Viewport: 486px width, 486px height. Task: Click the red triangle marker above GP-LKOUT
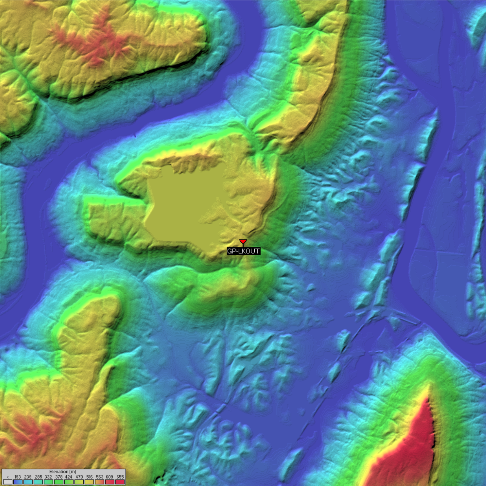(243, 241)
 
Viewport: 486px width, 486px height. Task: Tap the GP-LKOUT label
(244, 251)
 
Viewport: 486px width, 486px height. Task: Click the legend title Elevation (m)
(63, 471)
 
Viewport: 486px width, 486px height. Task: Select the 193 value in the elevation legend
(18, 477)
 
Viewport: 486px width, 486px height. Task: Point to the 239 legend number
(28, 477)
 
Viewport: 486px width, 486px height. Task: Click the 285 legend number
(38, 477)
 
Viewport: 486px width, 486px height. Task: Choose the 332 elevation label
(48, 477)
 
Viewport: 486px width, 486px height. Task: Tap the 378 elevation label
(59, 477)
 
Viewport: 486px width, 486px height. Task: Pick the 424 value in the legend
(69, 477)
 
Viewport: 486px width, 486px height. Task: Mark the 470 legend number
(79, 477)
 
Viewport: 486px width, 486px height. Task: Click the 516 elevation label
(89, 477)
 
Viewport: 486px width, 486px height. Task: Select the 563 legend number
(99, 477)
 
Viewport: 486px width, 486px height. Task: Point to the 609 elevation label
(110, 477)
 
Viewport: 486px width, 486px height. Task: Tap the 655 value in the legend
(120, 477)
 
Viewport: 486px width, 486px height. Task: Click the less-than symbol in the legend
(7, 477)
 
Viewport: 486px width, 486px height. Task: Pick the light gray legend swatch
(7, 482)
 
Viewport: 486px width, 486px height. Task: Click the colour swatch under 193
(18, 482)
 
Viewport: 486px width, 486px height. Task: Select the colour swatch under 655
(120, 482)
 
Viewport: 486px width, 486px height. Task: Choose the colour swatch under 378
(59, 482)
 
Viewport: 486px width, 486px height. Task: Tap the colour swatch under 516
(89, 482)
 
